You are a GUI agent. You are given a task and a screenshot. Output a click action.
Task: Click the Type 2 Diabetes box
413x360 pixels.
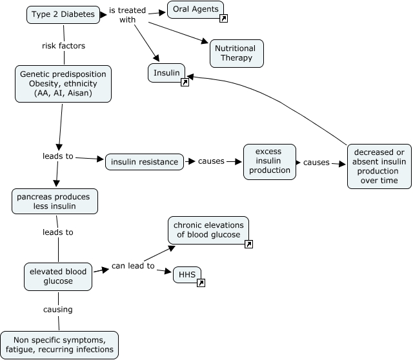click(x=63, y=14)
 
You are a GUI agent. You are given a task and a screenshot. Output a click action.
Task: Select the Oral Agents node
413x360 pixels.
click(x=195, y=9)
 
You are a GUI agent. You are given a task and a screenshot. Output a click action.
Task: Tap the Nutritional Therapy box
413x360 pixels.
click(x=235, y=54)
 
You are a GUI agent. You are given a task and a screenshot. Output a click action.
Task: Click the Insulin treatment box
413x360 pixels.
click(x=166, y=73)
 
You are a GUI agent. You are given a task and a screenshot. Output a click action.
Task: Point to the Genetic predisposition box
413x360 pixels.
click(x=63, y=84)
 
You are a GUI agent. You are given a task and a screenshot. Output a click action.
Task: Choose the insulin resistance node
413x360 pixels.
click(x=145, y=162)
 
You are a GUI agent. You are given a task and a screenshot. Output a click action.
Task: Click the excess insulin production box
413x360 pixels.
click(x=269, y=161)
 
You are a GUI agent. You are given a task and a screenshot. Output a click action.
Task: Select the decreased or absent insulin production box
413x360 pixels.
click(x=379, y=166)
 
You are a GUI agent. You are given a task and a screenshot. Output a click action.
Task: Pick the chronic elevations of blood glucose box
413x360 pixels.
click(x=208, y=230)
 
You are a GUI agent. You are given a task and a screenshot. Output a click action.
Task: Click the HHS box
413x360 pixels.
click(x=186, y=275)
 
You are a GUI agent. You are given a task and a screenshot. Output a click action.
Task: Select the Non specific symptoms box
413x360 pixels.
click(x=59, y=345)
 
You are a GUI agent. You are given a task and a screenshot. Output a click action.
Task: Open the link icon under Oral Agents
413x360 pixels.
click(x=223, y=19)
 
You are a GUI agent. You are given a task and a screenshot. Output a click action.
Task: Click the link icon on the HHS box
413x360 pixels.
click(x=201, y=283)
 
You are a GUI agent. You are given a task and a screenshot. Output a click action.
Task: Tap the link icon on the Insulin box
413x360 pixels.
click(x=185, y=83)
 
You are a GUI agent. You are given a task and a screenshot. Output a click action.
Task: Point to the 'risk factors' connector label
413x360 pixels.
click(x=63, y=46)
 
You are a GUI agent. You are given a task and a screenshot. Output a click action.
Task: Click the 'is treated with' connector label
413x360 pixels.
click(x=127, y=14)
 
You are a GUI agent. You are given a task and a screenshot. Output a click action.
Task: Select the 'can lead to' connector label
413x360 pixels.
click(x=133, y=266)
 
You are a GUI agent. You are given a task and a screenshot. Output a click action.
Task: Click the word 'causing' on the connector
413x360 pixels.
click(x=58, y=310)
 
